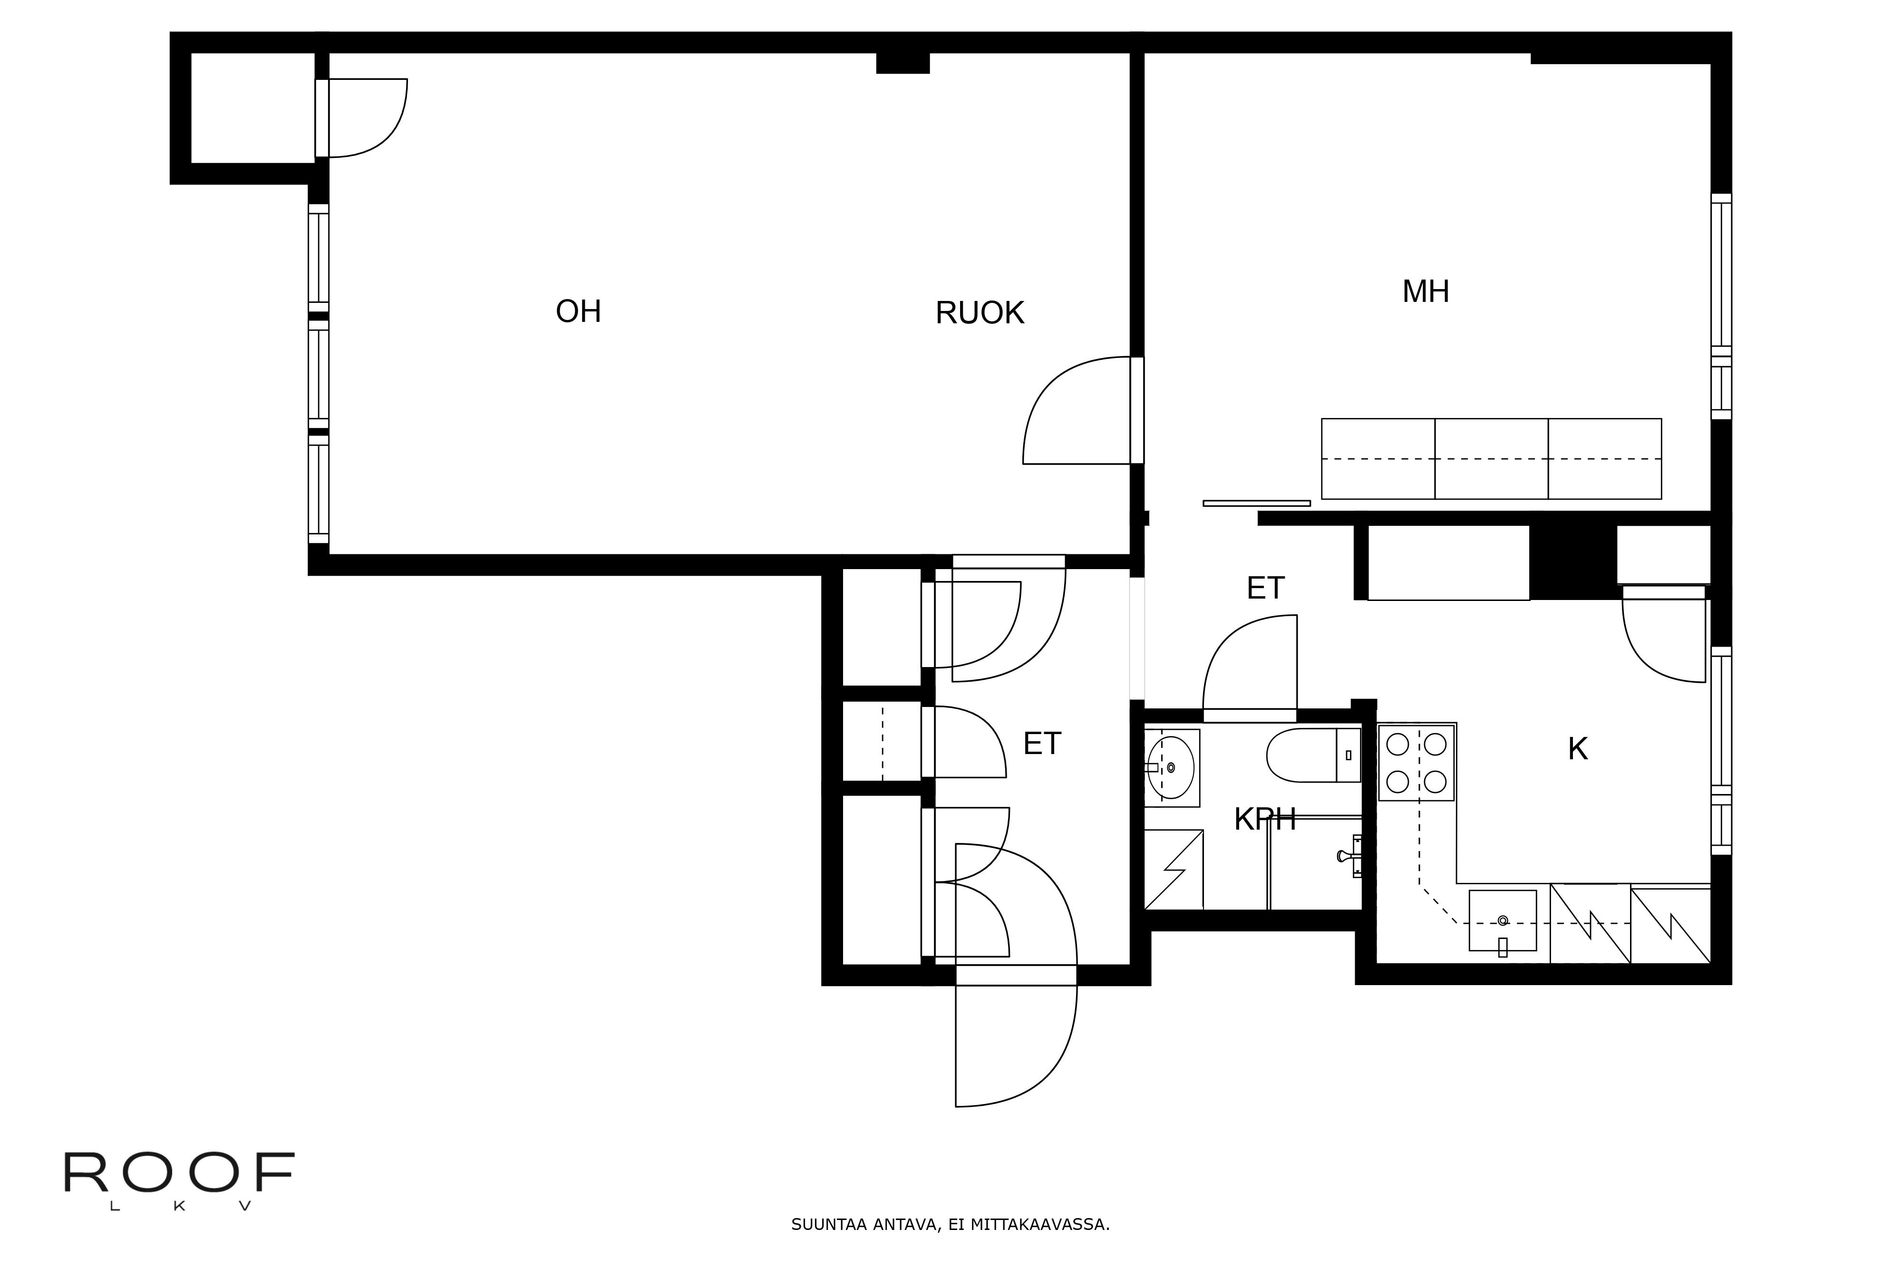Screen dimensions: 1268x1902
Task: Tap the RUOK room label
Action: [980, 313]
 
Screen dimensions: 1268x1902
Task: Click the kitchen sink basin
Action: [1502, 921]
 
